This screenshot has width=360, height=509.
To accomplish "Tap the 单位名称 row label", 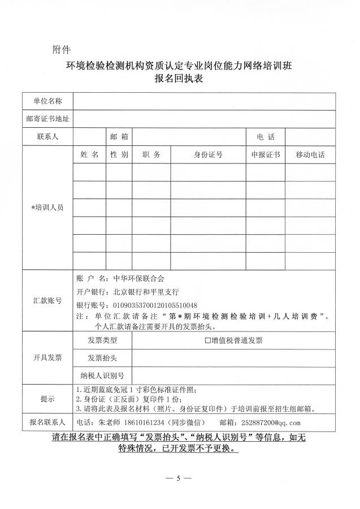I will tap(47, 101).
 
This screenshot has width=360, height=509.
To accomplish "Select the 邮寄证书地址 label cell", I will tap(47, 119).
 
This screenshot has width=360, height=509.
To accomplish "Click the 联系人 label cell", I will tap(47, 137).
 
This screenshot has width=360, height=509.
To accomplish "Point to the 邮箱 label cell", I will tap(119, 137).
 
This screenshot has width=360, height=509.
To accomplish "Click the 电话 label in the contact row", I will tap(266, 137).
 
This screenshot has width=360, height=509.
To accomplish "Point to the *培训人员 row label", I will tap(47, 208).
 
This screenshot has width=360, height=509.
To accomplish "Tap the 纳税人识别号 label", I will tap(102, 376).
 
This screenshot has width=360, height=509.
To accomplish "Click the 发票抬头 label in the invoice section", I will tap(102, 358).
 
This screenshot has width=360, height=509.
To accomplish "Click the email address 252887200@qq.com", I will tap(271, 422).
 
